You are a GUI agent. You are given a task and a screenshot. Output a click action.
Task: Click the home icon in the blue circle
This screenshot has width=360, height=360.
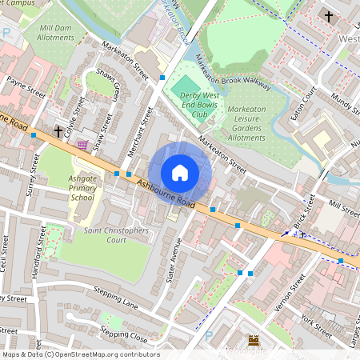point(180,173)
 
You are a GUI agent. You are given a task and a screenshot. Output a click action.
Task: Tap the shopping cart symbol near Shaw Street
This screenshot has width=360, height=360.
point(82,145)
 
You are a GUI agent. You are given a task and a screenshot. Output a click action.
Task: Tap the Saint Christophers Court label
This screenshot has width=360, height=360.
point(117,234)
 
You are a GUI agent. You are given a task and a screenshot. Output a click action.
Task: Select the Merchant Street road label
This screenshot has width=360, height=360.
point(135,130)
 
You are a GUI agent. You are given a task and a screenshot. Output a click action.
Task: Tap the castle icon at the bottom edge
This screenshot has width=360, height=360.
point(255,341)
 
